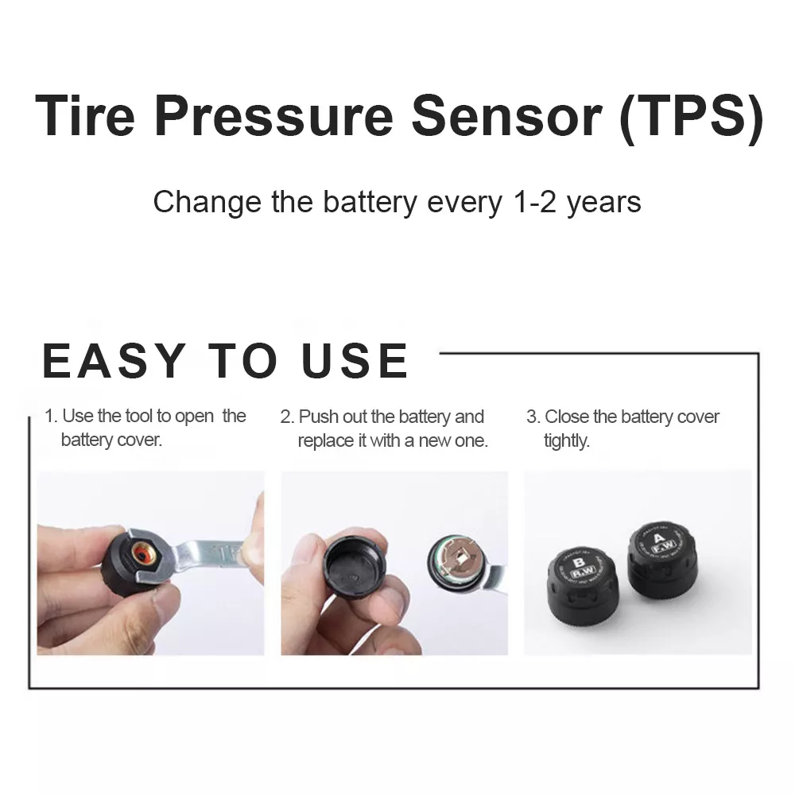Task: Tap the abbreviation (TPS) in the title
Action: coord(690,115)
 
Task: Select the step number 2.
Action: coord(286,417)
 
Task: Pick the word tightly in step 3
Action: coord(566,440)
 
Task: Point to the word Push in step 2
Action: coord(316,417)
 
